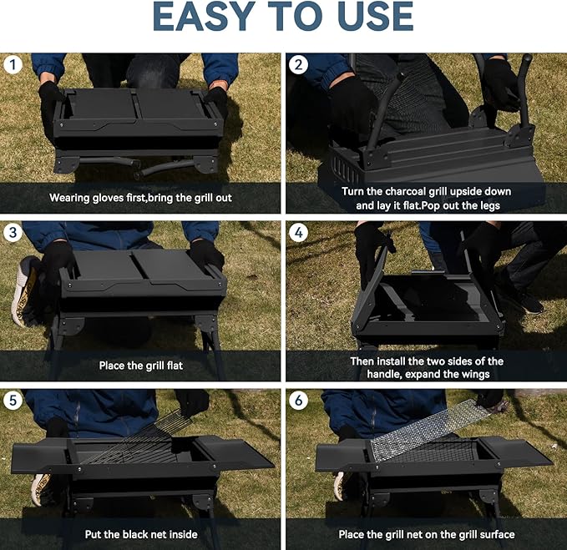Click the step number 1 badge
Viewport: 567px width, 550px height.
pyautogui.click(x=13, y=64)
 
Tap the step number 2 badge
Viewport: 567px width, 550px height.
pyautogui.click(x=298, y=64)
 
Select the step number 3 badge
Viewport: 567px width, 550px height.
pyautogui.click(x=13, y=232)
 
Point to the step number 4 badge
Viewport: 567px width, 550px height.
pyautogui.click(x=298, y=232)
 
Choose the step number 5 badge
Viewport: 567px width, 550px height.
pyautogui.click(x=13, y=401)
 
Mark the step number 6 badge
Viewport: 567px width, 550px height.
pyautogui.click(x=298, y=401)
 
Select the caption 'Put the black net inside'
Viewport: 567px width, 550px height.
pyautogui.click(x=140, y=534)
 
